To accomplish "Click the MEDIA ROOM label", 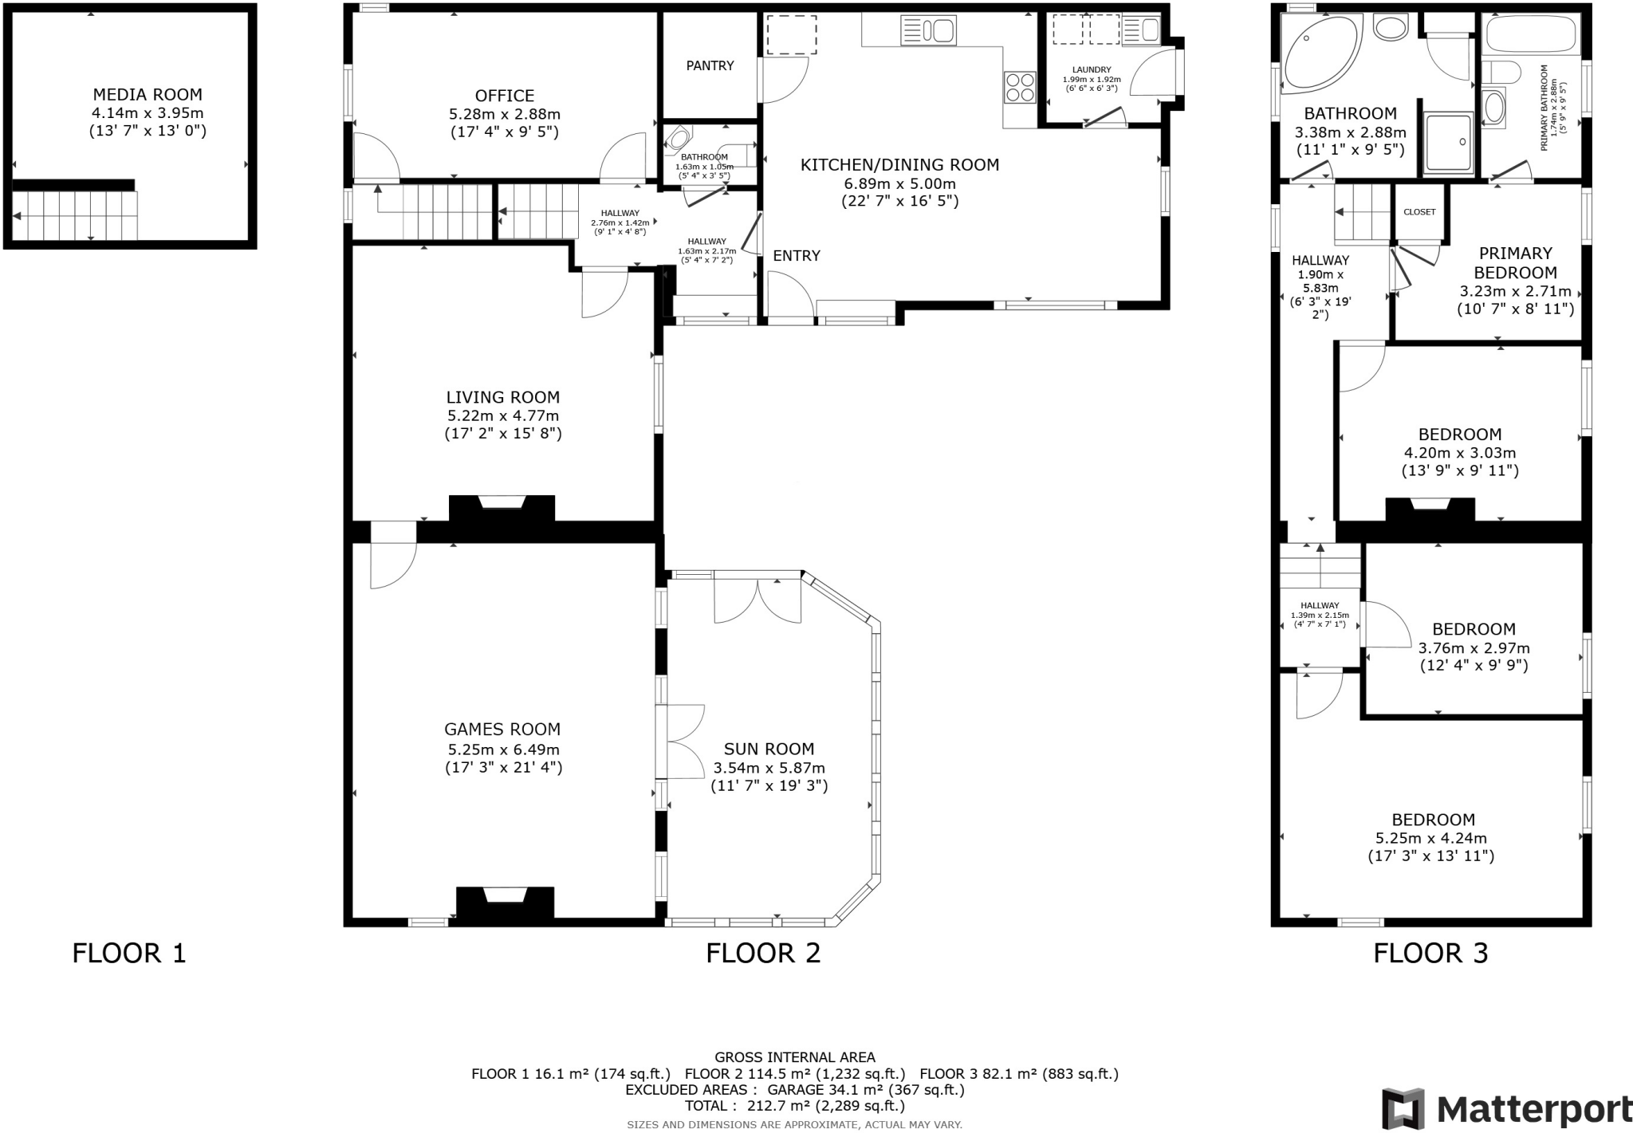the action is tap(148, 95).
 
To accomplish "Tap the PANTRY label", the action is tap(710, 65).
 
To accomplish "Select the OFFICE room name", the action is tap(504, 96).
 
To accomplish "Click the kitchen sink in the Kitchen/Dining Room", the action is tap(928, 31).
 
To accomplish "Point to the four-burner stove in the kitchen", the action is tap(1020, 87).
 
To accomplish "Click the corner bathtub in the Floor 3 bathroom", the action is tap(1320, 53).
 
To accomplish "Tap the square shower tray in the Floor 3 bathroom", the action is tap(1448, 144).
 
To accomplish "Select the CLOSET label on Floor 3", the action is tap(1419, 212).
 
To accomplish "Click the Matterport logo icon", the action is tap(1403, 1108).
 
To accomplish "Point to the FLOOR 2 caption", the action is tap(763, 953).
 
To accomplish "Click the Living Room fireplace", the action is tap(502, 509).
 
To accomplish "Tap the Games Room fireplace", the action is tap(506, 902).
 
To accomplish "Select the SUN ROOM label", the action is tap(769, 749).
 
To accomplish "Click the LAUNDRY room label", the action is tap(1092, 70).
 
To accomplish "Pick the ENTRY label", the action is tap(797, 256).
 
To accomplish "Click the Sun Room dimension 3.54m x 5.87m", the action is tap(769, 768).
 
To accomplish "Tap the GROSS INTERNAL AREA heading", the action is tap(795, 1058).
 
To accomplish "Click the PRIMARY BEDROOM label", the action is tap(1515, 262).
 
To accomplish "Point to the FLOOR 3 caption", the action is tap(1430, 953).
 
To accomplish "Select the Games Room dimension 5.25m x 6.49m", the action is tap(503, 749).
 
